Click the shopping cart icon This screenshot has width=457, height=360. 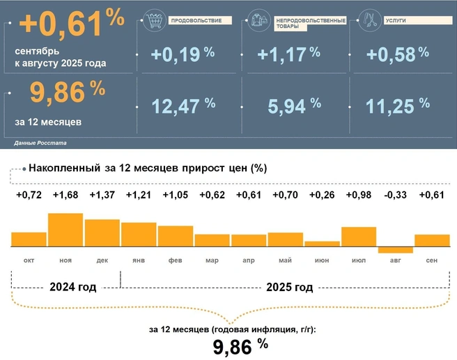click(x=155, y=21)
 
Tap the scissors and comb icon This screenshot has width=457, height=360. click(x=369, y=20)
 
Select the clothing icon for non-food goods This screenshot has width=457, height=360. click(x=259, y=20)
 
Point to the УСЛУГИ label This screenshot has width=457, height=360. click(x=396, y=21)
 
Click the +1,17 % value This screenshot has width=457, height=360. click(x=288, y=54)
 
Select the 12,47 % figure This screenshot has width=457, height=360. click(x=183, y=106)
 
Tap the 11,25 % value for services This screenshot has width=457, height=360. click(x=398, y=106)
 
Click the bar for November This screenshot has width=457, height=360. click(x=65, y=230)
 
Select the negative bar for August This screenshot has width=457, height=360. click(x=395, y=250)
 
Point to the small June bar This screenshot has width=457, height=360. click(x=322, y=244)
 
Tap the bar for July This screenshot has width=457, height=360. click(x=359, y=237)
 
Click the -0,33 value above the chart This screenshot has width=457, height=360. click(x=395, y=194)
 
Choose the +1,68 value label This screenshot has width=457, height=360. click(x=65, y=194)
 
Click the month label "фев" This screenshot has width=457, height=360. click(x=175, y=260)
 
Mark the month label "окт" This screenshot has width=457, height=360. click(x=29, y=260)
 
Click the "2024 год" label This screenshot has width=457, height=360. click(x=73, y=287)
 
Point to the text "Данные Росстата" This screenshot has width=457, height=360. click(x=40, y=143)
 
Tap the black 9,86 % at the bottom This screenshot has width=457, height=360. click(x=240, y=346)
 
